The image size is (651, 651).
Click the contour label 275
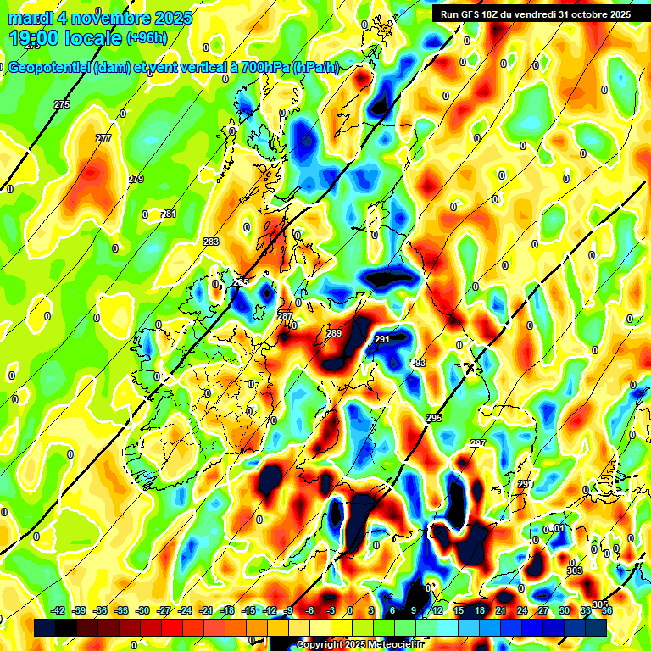coord(62,104)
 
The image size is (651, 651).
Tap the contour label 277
coord(103,138)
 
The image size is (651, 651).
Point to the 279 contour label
coord(136,179)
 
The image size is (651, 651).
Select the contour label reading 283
coord(211,242)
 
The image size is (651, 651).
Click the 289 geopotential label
coord(334,333)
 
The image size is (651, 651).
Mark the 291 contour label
coord(381,339)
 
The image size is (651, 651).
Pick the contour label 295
coord(434,419)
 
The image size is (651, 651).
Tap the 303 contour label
coord(575,570)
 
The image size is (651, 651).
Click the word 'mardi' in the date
coord(33,17)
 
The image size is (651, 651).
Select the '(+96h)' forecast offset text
coord(147,38)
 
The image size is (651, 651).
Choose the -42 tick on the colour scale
coord(58,610)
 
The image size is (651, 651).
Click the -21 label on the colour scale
coord(206,610)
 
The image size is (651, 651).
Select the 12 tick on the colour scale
coord(437,610)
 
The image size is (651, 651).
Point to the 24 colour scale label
coord(522,610)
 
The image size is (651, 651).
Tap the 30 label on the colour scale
coord(565,610)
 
